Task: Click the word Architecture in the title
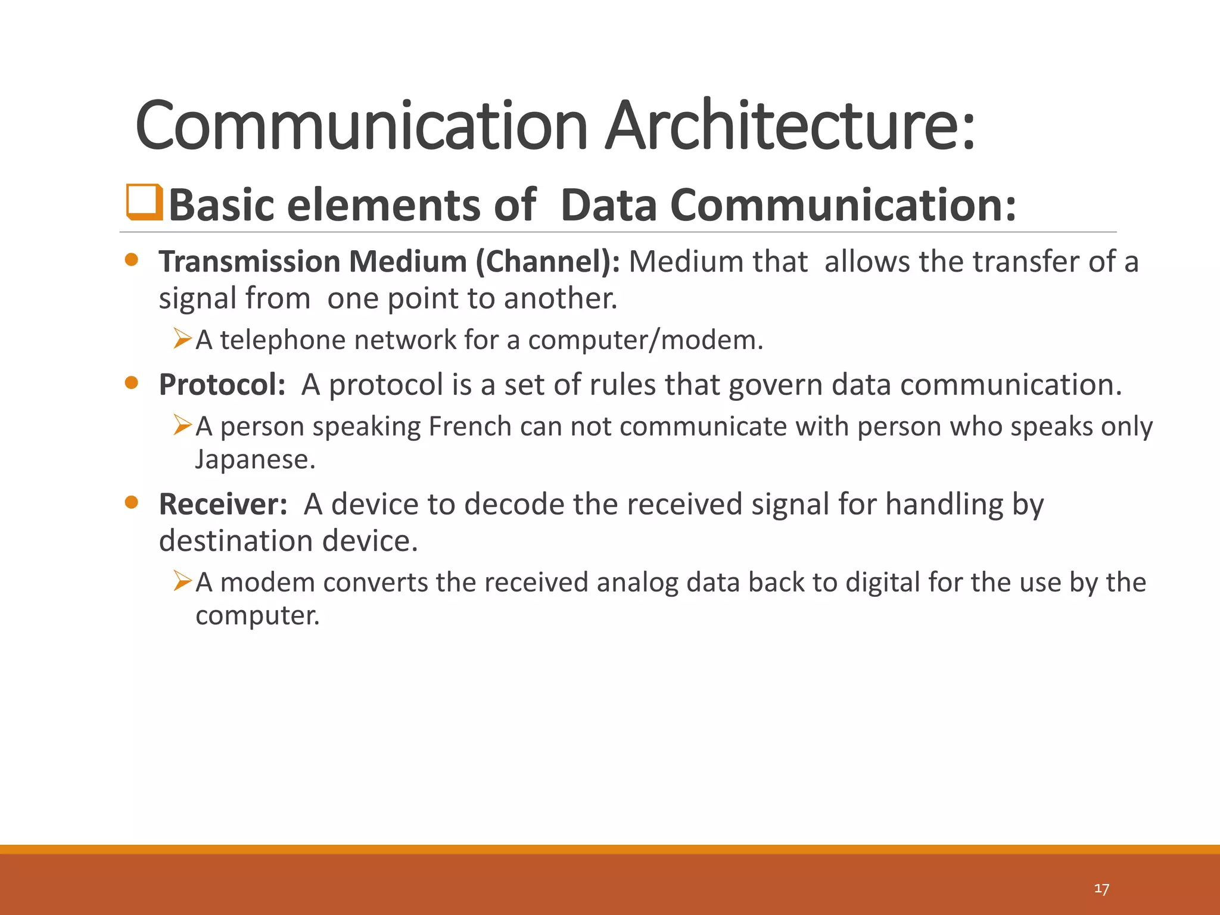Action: click(x=790, y=126)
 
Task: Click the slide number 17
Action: click(x=1101, y=889)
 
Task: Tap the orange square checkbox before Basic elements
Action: click(x=144, y=203)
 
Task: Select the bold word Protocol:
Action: click(x=222, y=385)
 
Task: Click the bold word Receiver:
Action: click(x=223, y=505)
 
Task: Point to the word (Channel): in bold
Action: click(x=547, y=262)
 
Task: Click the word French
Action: click(x=470, y=427)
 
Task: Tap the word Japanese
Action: click(x=255, y=459)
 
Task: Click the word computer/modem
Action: click(x=645, y=340)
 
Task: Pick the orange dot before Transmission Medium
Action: click(x=132, y=260)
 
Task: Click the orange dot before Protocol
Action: click(x=132, y=383)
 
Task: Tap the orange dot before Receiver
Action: click(x=132, y=503)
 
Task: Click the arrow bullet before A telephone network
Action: click(x=182, y=338)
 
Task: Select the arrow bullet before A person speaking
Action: click(x=182, y=425)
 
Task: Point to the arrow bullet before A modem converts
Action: click(x=182, y=580)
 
